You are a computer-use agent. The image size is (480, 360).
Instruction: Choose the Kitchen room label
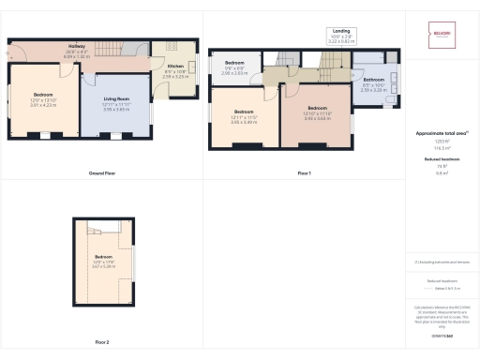[x=175, y=67]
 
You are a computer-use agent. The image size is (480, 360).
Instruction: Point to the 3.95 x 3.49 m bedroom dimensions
[x=242, y=122]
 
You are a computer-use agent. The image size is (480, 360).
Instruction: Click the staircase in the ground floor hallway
[x=114, y=48]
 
